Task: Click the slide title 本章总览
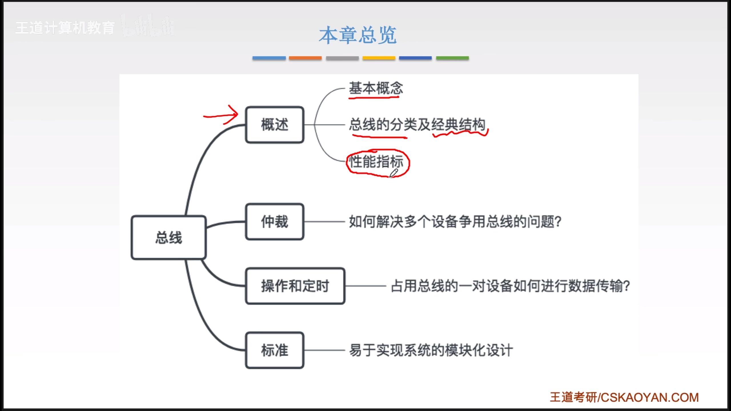(x=358, y=35)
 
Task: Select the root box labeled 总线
(x=168, y=237)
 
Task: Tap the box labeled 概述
(x=274, y=125)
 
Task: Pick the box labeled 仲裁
(x=274, y=222)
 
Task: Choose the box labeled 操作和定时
(x=295, y=286)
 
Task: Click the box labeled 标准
(x=274, y=350)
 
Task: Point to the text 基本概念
(x=376, y=88)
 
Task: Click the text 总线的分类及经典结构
(x=417, y=125)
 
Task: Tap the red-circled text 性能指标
(x=376, y=162)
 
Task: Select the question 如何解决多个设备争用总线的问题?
(x=455, y=222)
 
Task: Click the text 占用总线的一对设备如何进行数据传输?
(x=510, y=286)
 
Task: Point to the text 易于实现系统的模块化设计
(x=431, y=350)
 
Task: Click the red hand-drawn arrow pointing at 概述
(x=221, y=115)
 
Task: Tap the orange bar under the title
(x=305, y=58)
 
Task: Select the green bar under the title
(x=452, y=58)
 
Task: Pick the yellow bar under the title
(x=379, y=58)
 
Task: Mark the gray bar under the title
(x=342, y=58)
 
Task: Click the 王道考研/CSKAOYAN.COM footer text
(x=624, y=397)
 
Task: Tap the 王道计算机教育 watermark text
(x=65, y=28)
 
